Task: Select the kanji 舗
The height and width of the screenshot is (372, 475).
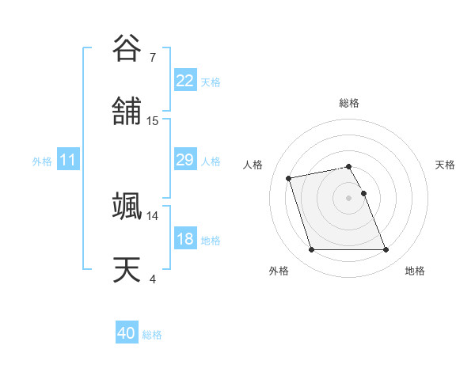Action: pos(127,112)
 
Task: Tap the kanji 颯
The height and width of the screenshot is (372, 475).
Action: pos(127,206)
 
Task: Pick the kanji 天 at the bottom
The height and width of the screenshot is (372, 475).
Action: pos(127,269)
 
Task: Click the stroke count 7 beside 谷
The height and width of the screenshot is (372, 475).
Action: pos(152,57)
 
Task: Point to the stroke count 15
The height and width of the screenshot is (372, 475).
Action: pos(153,121)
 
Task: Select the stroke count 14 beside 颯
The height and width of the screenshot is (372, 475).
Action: pos(153,215)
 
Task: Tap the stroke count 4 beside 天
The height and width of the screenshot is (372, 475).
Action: pos(152,279)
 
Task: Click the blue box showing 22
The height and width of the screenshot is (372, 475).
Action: pos(184,81)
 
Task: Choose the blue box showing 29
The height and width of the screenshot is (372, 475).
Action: pos(184,160)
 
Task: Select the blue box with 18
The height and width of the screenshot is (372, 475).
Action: pos(184,239)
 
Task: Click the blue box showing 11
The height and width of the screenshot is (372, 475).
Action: pos(68,160)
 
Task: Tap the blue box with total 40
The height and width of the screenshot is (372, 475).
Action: pos(127,334)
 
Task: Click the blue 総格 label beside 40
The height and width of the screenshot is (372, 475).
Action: pos(152,335)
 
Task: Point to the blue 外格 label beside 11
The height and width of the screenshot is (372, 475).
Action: pos(42,161)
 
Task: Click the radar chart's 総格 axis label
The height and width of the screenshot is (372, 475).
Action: pos(349,103)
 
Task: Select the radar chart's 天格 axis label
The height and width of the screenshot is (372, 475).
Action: pos(445,165)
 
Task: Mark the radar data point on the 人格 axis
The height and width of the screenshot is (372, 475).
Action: pos(289,177)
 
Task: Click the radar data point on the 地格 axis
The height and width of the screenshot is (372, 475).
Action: pos(386,250)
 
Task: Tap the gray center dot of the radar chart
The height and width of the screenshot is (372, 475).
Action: pos(349,198)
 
